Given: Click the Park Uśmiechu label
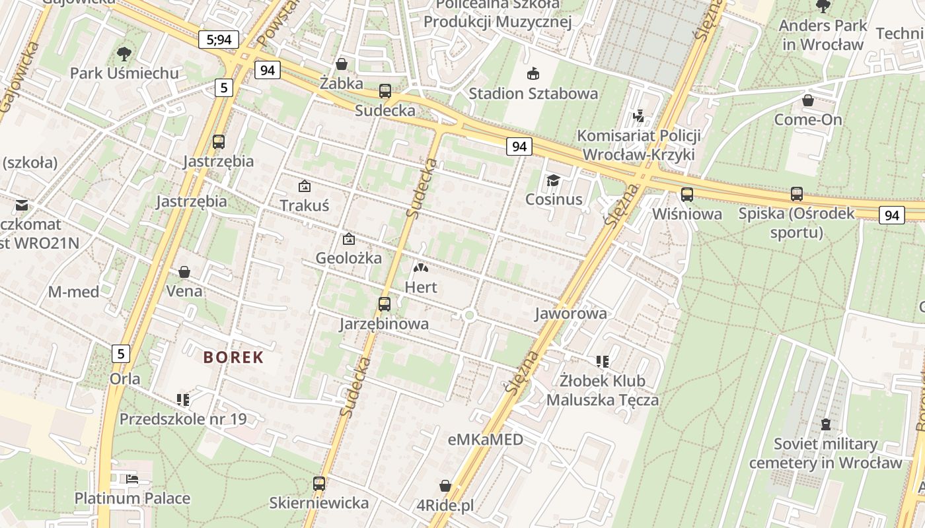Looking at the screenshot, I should [124, 73].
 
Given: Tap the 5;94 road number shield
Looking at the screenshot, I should [219, 40].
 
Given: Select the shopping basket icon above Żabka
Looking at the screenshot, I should [342, 64].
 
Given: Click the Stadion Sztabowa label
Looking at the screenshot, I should [533, 93].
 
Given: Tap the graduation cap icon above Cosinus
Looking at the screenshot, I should [553, 180].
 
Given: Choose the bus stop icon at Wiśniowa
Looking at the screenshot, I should [687, 195].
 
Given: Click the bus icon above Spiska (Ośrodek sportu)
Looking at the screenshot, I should [797, 194].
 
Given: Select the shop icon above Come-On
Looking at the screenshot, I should [808, 101].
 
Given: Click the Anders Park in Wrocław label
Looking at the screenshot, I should [823, 35].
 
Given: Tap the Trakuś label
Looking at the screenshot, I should [304, 205].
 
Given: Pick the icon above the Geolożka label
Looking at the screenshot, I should [348, 239].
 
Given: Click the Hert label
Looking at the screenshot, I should [421, 287].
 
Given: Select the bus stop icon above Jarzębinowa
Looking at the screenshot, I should [384, 304].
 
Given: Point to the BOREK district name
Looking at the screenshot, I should [233, 358].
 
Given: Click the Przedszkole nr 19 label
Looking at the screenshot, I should [183, 418].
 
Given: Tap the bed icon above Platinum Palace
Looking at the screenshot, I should [132, 479].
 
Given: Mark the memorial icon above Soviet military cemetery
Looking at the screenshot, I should [825, 424].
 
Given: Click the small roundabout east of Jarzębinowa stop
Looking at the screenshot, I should [470, 315].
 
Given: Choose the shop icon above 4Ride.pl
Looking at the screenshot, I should [445, 486].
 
